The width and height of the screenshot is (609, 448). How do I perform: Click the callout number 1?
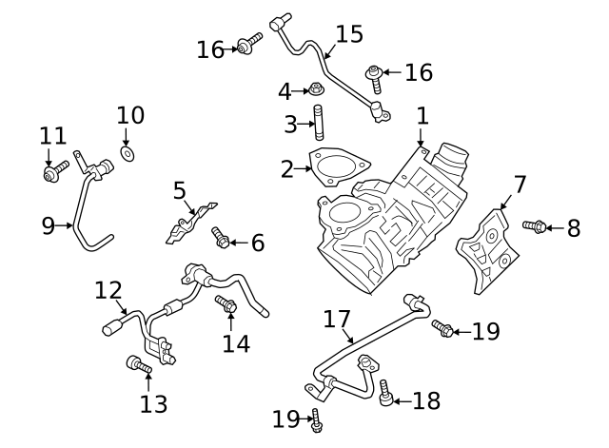[422, 116]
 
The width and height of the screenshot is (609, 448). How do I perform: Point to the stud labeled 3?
[318, 126]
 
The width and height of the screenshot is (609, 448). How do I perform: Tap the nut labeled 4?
[313, 91]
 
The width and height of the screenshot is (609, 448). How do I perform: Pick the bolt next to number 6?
[221, 239]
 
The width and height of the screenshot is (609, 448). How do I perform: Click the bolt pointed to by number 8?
[535, 226]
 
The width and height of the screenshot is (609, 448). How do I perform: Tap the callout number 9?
[48, 225]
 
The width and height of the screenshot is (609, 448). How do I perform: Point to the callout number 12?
[108, 288]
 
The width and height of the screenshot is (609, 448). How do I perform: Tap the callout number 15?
[349, 35]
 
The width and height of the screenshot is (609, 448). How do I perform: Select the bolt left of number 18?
[386, 393]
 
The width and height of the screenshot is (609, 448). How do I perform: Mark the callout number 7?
[520, 183]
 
